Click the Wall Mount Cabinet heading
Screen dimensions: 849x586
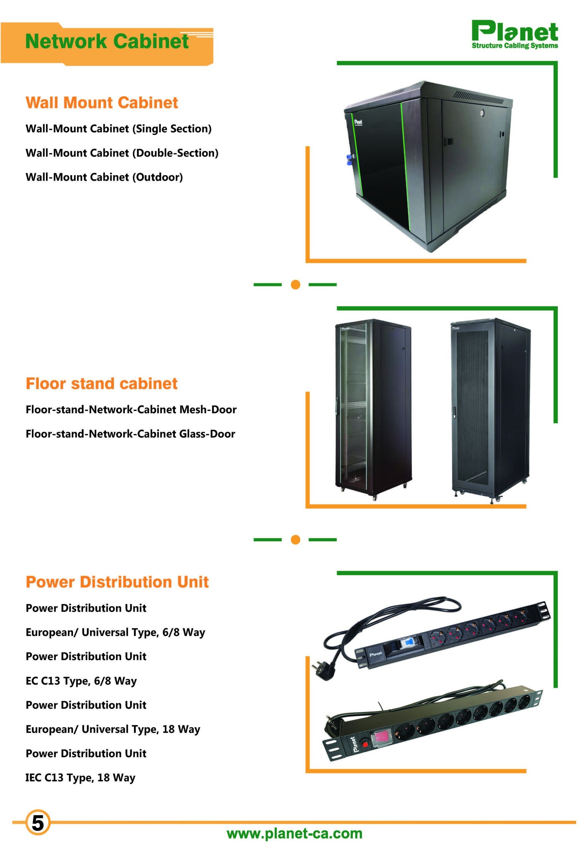tap(102, 102)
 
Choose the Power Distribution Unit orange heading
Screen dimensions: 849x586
tap(117, 582)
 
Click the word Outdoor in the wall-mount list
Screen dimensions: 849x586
tap(159, 177)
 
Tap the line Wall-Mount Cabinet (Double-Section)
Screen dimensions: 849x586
tap(122, 153)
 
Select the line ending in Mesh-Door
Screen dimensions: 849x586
tap(131, 410)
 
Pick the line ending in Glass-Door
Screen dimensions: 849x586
tap(130, 434)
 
